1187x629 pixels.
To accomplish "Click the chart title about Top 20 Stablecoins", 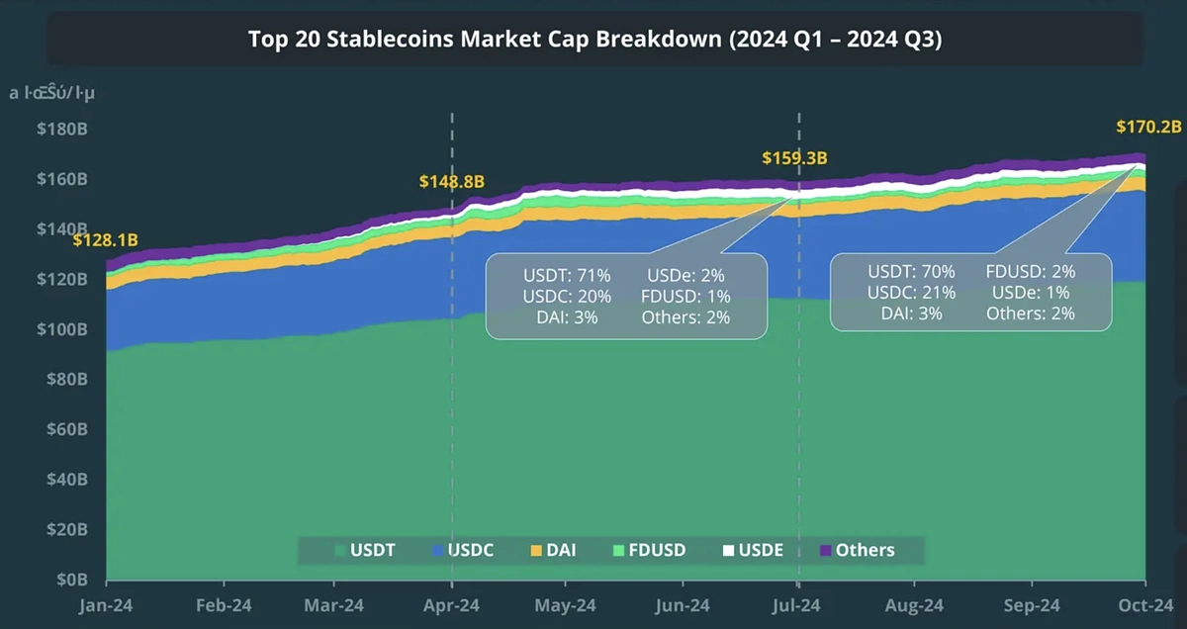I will (593, 40).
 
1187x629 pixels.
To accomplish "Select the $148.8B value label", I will (451, 182).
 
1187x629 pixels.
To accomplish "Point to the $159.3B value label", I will (794, 158).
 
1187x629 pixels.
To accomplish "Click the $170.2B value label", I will (1148, 127).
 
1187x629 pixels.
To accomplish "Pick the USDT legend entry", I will (365, 550).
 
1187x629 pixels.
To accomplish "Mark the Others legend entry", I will (857, 550).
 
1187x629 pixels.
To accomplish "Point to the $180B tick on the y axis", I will (61, 130).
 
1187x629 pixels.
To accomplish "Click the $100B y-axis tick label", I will (61, 329).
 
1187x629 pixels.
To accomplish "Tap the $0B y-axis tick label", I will (69, 579).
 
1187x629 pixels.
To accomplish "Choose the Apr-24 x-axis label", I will (452, 605).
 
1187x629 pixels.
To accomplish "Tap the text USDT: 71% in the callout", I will (567, 275).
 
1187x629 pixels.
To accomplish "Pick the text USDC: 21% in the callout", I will (911, 293).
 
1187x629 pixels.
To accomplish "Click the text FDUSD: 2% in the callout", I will (1030, 271).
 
